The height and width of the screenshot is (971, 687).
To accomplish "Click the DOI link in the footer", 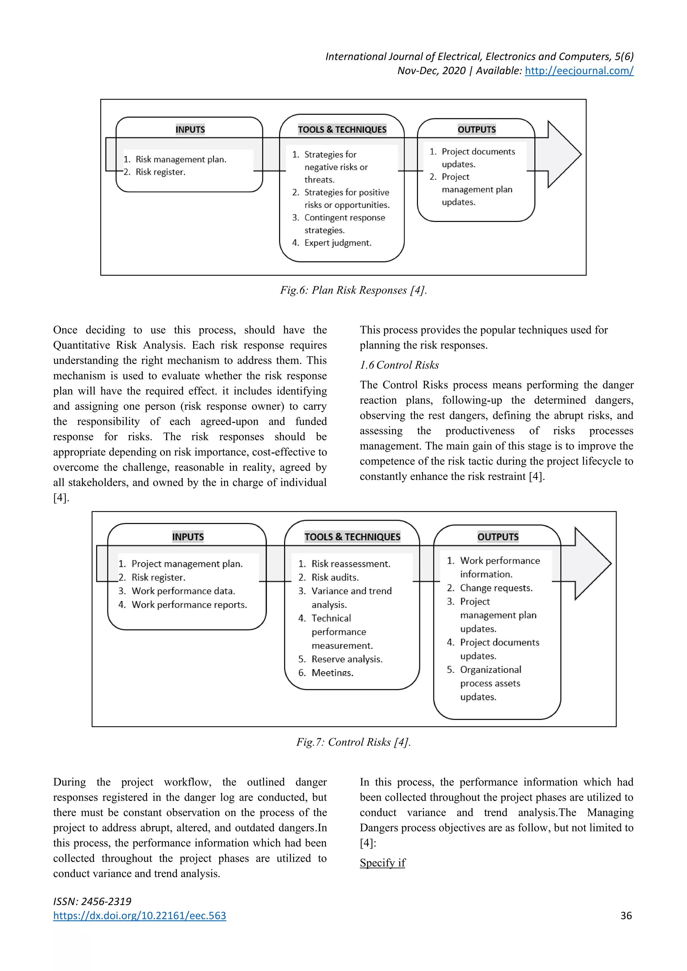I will point(140,915).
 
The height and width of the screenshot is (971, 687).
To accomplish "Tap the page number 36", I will point(626,915).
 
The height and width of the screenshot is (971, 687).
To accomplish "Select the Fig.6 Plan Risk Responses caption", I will point(353,290).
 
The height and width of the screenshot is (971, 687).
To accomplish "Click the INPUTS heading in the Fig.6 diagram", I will point(190,129).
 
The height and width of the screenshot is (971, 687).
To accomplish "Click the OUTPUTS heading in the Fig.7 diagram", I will point(497,537).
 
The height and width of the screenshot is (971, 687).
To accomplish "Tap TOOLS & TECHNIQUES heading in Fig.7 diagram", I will point(352,537).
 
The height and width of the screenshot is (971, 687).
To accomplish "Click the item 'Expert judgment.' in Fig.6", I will point(337,243).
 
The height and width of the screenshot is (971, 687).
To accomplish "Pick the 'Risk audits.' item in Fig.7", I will point(335,577).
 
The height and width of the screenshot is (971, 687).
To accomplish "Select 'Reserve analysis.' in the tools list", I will point(347,659).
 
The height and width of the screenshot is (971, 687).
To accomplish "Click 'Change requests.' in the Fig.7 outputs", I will point(496,588).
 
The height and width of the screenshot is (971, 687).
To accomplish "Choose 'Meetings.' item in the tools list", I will point(332,673).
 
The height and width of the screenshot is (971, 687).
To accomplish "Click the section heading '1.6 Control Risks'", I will point(399,365).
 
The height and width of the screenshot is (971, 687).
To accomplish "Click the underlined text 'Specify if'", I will point(382,862).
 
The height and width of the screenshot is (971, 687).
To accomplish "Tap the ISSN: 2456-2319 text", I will point(92,901).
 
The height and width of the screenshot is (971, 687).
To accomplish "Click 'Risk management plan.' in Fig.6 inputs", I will point(180,160).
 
